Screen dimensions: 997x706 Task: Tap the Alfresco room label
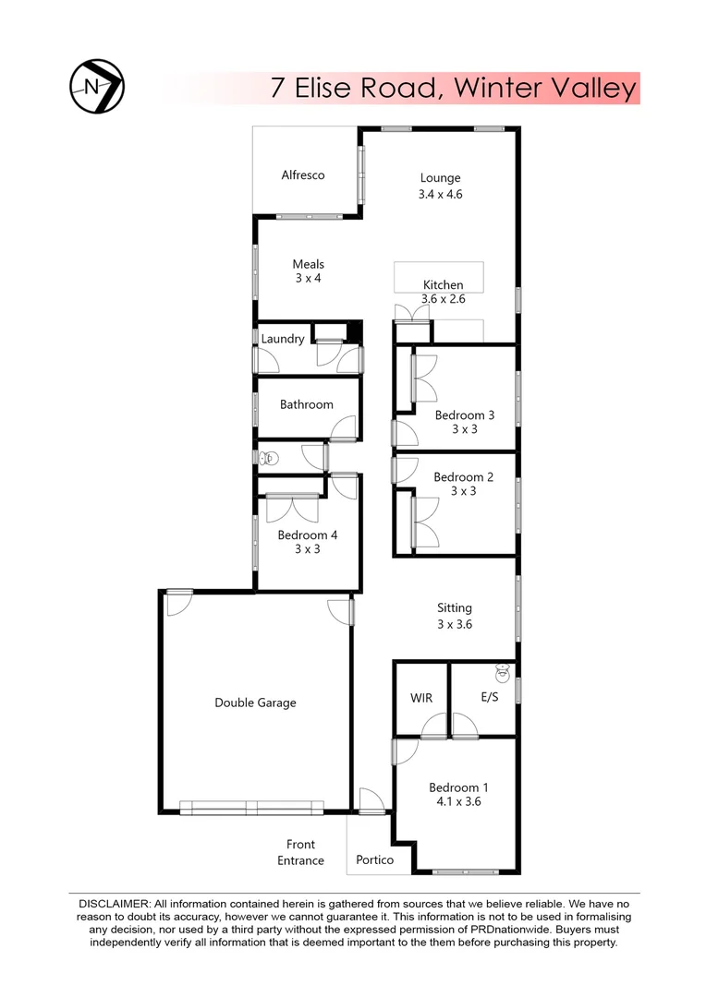[303, 175]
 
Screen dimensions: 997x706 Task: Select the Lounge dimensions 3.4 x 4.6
[440, 195]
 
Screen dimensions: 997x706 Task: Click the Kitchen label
[443, 284]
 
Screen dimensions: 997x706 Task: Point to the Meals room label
[308, 264]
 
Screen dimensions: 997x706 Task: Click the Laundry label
[283, 339]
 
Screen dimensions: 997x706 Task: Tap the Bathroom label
[307, 404]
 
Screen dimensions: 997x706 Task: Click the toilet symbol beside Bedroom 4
[269, 457]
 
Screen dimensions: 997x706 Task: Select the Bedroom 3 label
[464, 415]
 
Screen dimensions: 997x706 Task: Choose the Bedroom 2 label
[464, 477]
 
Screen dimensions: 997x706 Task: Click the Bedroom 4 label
[308, 535]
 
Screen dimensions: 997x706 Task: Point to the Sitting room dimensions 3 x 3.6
[455, 623]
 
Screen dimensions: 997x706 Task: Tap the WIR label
[421, 698]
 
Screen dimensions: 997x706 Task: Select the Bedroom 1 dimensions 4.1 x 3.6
[458, 802]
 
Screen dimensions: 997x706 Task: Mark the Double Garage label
[255, 703]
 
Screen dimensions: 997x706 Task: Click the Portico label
[375, 859]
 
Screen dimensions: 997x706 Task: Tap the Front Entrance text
[300, 852]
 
